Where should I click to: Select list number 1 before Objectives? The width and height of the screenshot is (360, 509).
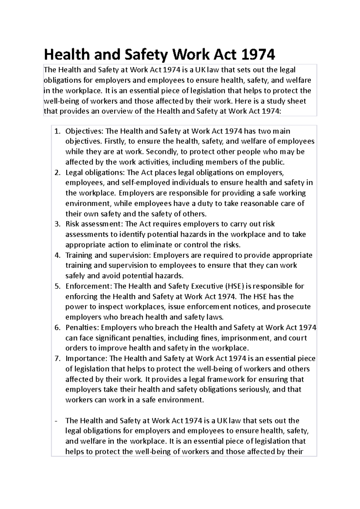[57, 131]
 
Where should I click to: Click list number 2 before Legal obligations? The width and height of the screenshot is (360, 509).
[57, 173]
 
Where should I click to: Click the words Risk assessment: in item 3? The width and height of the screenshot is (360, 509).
[94, 224]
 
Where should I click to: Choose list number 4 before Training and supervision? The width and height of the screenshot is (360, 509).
[57, 255]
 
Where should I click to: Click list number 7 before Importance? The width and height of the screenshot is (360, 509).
[57, 359]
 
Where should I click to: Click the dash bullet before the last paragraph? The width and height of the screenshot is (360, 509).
[56, 421]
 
